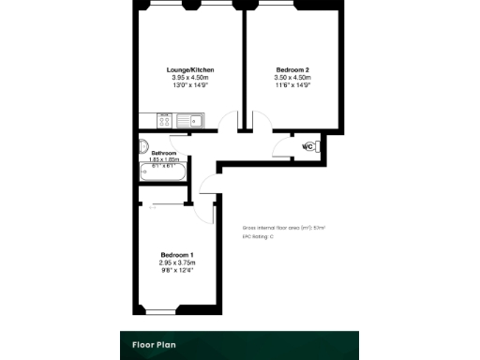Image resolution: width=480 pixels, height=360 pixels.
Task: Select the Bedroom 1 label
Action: [x=177, y=256]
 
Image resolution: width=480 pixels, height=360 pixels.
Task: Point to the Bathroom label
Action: [x=164, y=153]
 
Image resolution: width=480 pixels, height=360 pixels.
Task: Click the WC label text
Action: [x=307, y=147]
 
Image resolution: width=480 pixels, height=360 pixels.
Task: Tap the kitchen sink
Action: [x=190, y=120]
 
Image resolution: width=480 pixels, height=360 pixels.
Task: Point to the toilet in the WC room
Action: [x=316, y=147]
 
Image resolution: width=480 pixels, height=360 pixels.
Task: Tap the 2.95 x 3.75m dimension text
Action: [x=177, y=263]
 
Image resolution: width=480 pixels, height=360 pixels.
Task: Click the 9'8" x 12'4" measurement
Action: [x=177, y=271]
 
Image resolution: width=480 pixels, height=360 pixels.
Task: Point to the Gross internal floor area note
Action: [x=283, y=228]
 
